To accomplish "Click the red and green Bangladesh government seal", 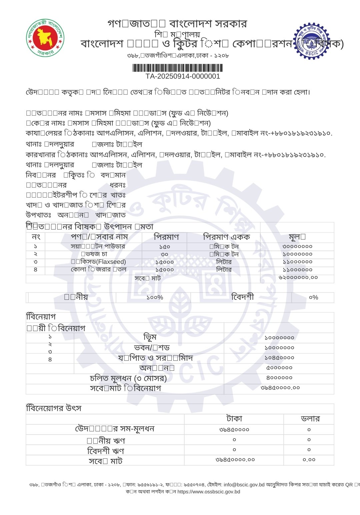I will pyautogui.click(x=45, y=38).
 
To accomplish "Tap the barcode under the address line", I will pyautogui.click(x=177, y=68).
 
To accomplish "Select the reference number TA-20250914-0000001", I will pyautogui.click(x=183, y=76).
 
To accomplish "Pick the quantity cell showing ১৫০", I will pyautogui.click(x=165, y=247).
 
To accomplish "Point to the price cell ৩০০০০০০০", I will pyautogui.click(x=297, y=247).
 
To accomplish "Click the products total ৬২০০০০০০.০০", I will pyautogui.click(x=298, y=277).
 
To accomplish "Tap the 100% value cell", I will pyautogui.click(x=155, y=297).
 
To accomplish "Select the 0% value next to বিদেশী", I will pyautogui.click(x=313, y=297).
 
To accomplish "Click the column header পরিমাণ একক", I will pyautogui.click(x=226, y=237).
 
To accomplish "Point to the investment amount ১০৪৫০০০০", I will pyautogui.click(x=279, y=358).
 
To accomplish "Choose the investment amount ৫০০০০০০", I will pyautogui.click(x=279, y=368).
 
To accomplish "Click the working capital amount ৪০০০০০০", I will pyautogui.click(x=279, y=378).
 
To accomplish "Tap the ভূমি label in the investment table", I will pyautogui.click(x=150, y=337).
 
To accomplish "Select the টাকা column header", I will pyautogui.click(x=234, y=419).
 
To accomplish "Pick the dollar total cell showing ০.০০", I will pyautogui.click(x=309, y=460).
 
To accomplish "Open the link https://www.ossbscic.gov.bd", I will pyautogui.click(x=209, y=492).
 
